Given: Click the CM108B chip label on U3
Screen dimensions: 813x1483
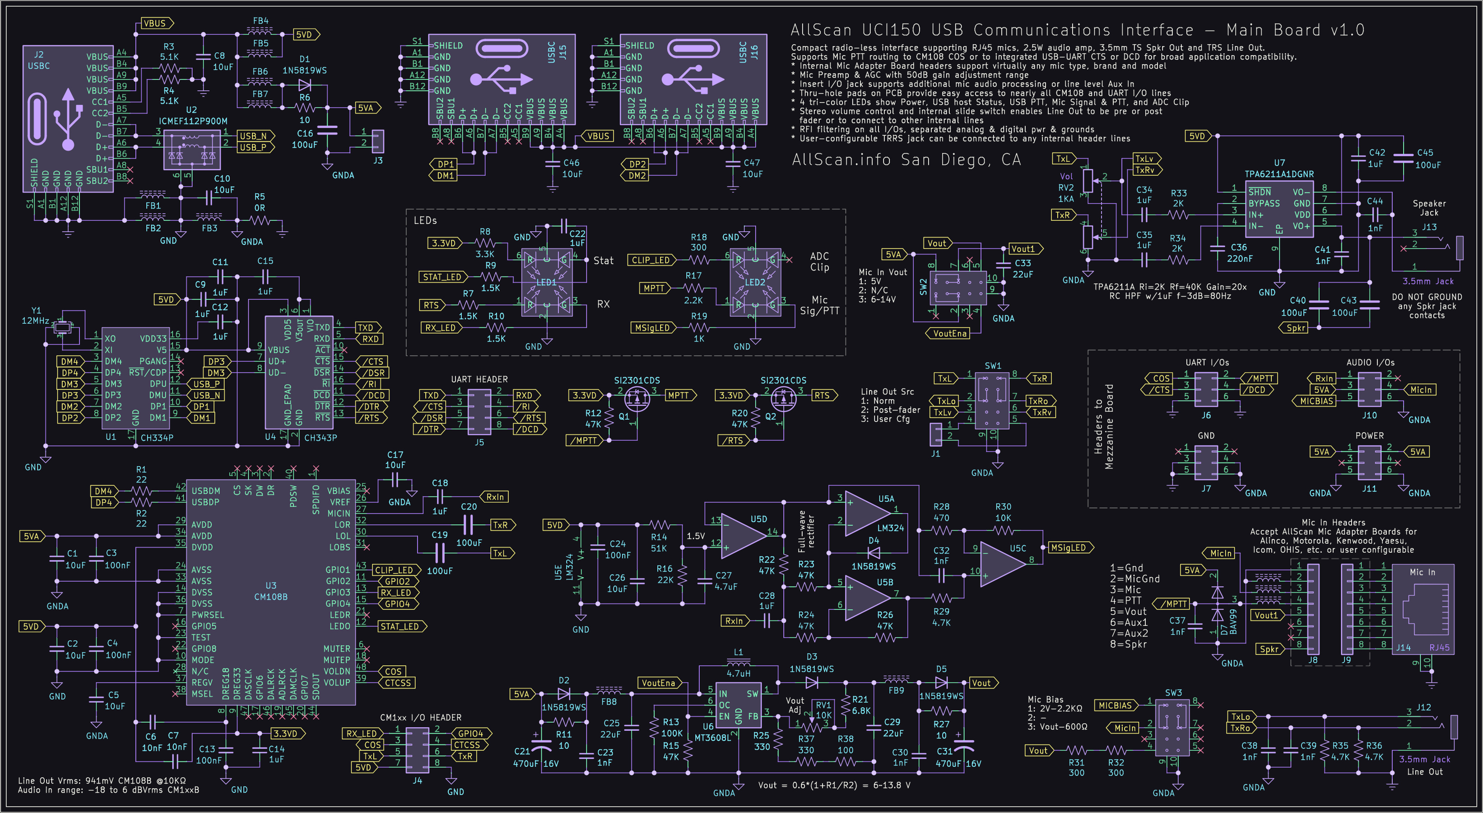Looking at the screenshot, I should [270, 597].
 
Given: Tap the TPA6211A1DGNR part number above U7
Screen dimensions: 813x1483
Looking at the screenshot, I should [1278, 174].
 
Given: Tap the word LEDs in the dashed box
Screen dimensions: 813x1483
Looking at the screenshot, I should [425, 220].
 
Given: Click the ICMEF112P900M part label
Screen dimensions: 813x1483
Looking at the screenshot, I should [193, 121].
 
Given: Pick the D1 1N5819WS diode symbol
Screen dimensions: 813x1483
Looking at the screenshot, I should [305, 86].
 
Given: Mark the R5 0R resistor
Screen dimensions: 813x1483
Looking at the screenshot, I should [260, 220].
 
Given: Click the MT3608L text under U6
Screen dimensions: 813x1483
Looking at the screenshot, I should [713, 738].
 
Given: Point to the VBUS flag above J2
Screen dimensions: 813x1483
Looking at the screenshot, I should [155, 23].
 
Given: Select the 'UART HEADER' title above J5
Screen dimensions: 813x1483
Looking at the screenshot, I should [479, 379].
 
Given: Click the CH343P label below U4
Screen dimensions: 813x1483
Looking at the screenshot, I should [320, 438].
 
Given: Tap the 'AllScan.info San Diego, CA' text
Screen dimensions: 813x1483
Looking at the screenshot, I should [906, 159].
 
